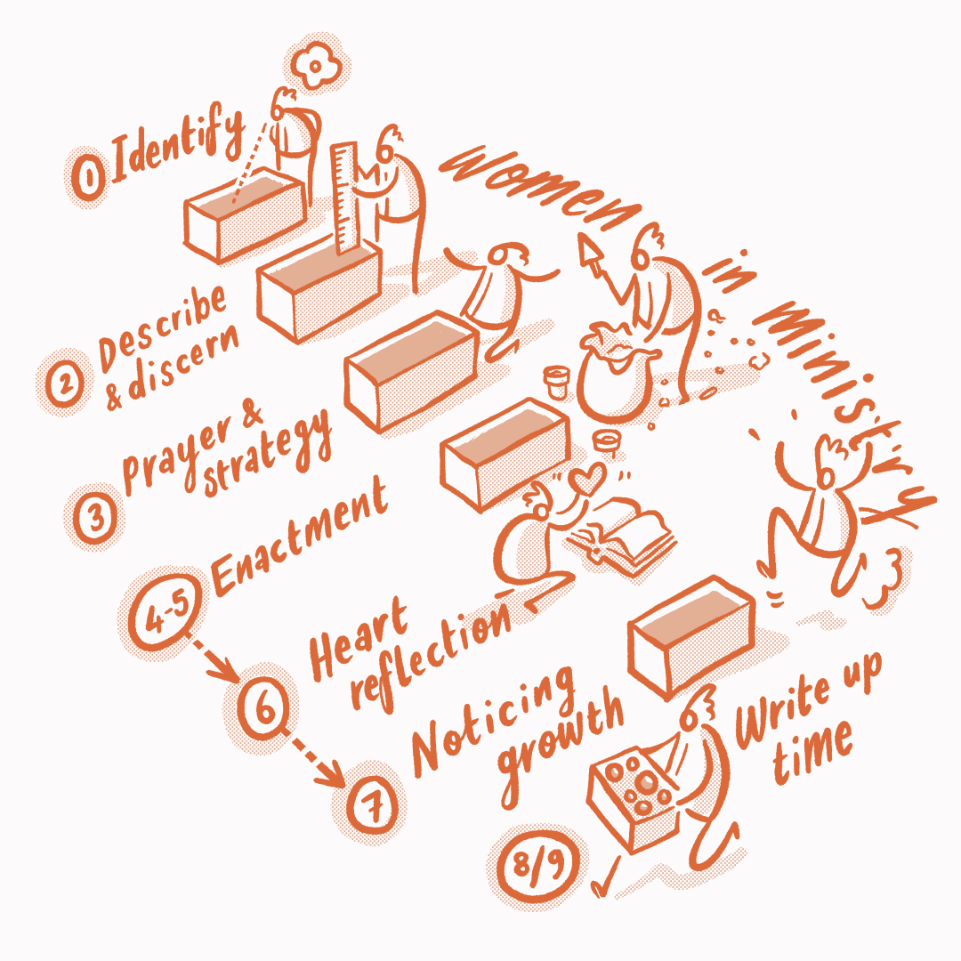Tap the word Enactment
(x=301, y=539)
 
